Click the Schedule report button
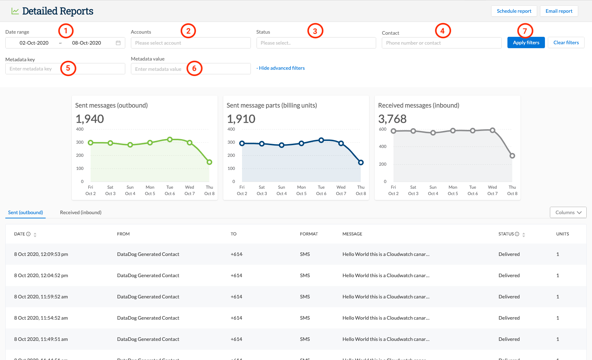[514, 11]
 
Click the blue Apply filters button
[526, 42]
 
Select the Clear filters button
[566, 42]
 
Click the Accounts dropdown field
[190, 43]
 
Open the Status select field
[316, 43]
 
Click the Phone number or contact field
[441, 43]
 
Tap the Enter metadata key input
[65, 69]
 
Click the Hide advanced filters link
[281, 68]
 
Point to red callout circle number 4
[442, 31]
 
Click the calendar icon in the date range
[118, 43]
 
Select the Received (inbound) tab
[81, 212]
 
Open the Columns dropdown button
[568, 212]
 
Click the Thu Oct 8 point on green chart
[209, 162]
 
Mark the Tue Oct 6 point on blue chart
[321, 140]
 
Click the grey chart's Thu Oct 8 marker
[512, 156]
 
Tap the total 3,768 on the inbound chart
[392, 119]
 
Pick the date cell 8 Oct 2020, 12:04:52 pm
[41, 275]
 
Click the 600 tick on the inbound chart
[383, 129]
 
